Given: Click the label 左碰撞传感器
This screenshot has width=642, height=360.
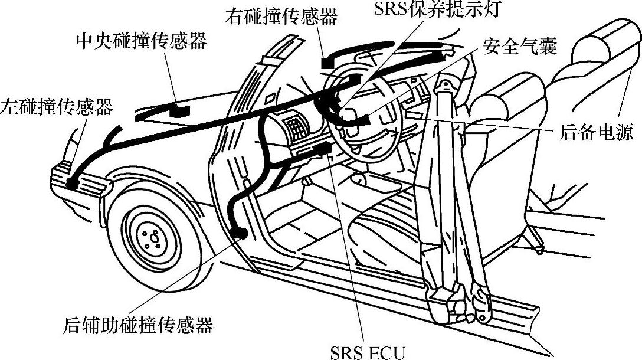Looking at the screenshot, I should tap(57, 106).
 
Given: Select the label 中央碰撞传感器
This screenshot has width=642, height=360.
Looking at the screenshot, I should tap(141, 42).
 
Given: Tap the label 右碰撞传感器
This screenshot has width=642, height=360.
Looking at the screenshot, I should tap(281, 16).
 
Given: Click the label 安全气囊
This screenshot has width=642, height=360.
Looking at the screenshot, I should tap(519, 47).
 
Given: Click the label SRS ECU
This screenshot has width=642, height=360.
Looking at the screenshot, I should tap(367, 352).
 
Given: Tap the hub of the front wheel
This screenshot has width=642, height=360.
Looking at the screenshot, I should tap(152, 237).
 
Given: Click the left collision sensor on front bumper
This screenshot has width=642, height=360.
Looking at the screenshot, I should tap(72, 183).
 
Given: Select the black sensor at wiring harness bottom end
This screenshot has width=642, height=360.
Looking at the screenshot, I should tap(239, 233).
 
